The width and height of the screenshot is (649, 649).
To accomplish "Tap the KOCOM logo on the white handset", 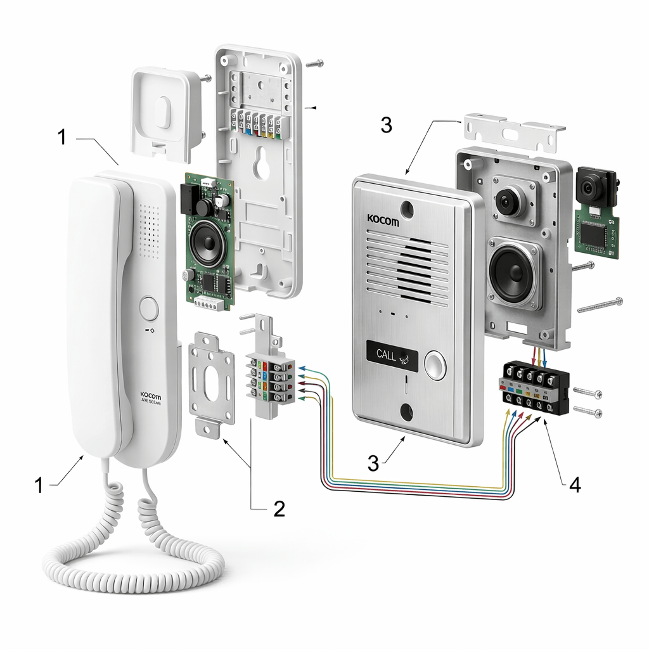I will (151, 394).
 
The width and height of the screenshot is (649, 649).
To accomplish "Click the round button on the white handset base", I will (149, 308).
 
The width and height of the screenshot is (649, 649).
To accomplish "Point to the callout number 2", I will (279, 508).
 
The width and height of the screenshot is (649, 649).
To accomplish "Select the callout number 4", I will (574, 485).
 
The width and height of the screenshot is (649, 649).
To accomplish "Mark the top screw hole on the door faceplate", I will (405, 208).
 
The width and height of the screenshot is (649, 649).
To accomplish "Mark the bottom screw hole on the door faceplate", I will (406, 413).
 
